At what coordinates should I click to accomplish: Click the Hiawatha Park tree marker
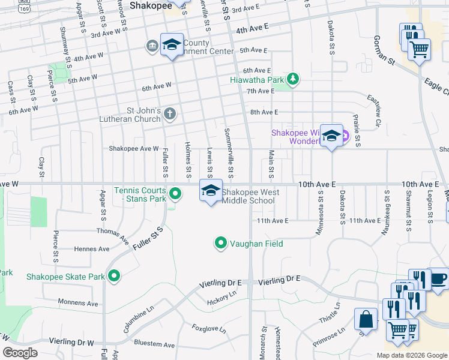click(293, 79)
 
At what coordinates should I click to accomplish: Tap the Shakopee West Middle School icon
click(210, 191)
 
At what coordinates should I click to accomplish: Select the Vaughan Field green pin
click(221, 243)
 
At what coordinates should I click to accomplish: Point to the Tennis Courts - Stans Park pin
click(175, 193)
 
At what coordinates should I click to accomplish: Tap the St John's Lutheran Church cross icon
click(170, 113)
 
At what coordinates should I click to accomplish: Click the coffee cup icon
click(438, 278)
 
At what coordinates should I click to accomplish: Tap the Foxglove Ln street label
click(209, 329)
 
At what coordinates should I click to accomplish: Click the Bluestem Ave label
click(154, 345)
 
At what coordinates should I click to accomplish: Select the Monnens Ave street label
click(77, 304)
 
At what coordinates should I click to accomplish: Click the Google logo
click(20, 353)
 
